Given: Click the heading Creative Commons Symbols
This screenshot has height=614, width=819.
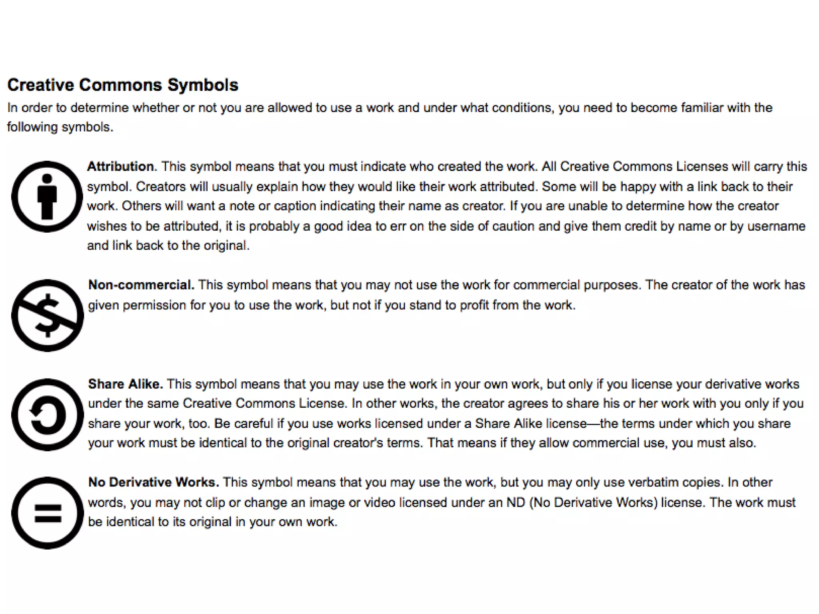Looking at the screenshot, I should (123, 85).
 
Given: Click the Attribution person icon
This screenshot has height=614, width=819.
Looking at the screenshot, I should (47, 196).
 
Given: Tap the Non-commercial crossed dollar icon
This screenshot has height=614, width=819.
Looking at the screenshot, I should (48, 315).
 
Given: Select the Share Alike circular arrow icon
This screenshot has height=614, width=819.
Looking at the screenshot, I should (48, 415).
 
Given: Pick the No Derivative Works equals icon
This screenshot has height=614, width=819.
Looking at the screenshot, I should (48, 513).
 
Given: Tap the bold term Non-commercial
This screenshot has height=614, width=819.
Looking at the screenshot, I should (141, 285).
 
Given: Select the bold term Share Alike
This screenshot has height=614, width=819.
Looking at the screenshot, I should (125, 384).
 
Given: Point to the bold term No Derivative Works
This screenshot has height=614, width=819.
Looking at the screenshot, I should (153, 482).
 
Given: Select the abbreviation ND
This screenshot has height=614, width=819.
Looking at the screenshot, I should (515, 502).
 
